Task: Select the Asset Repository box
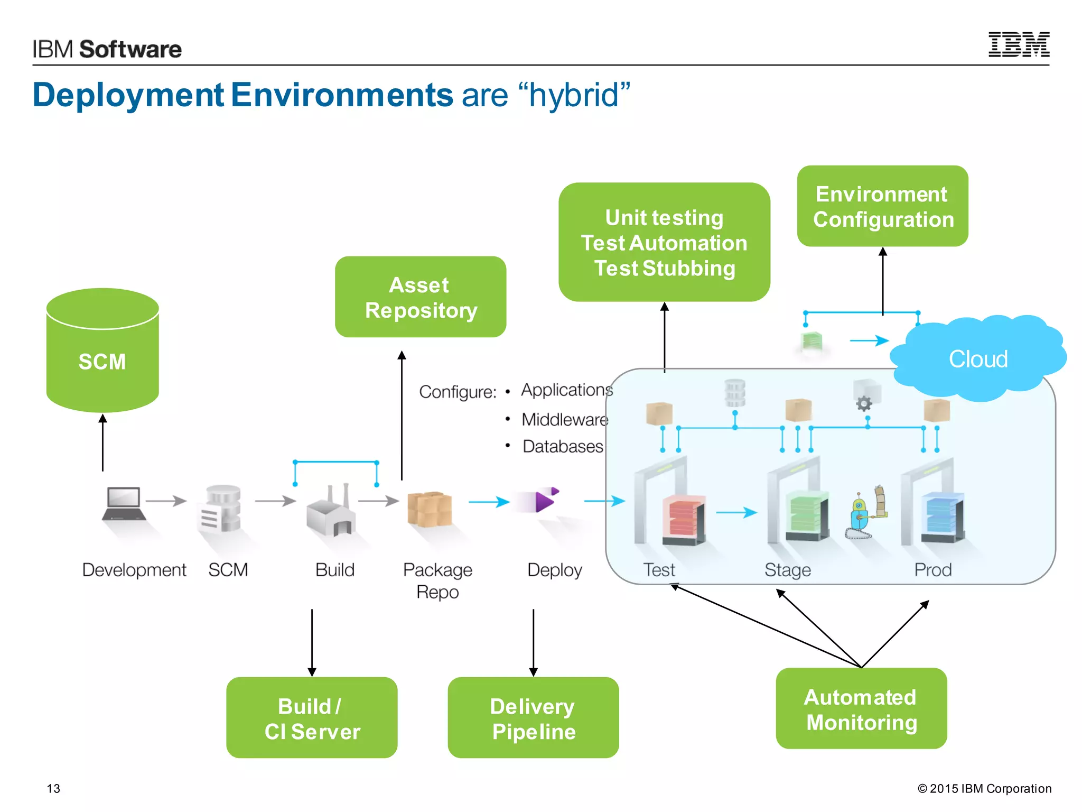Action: coord(421,297)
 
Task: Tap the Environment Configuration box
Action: coord(882,206)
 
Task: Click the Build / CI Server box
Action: coord(312,718)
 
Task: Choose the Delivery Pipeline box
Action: coord(533,718)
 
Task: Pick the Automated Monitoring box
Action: coord(861,708)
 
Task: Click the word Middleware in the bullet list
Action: coord(565,420)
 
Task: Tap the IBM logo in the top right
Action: coord(1019,44)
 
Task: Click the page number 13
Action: coord(53,788)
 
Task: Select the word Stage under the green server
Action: coord(787,570)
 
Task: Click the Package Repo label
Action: coord(437,580)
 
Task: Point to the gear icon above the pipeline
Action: coord(864,404)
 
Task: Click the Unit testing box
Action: coord(664,243)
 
